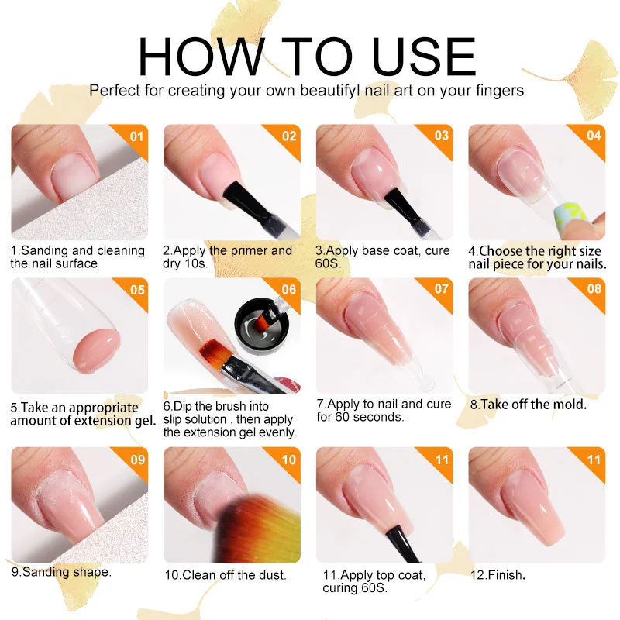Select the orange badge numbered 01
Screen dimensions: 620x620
(137, 136)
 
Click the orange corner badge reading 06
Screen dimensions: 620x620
(289, 290)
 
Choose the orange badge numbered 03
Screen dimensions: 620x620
(442, 136)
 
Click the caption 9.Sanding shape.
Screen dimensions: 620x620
(61, 572)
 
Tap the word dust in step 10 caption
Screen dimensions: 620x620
(271, 575)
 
